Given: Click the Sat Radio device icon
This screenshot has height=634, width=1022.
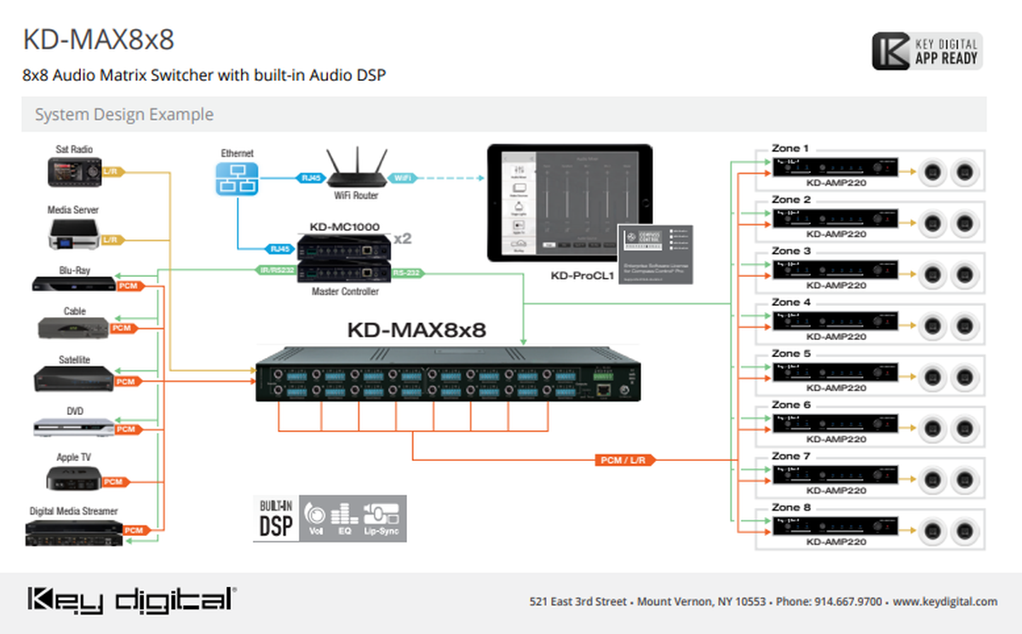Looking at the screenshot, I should pyautogui.click(x=74, y=173).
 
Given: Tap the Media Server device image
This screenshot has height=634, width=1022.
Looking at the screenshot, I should pyautogui.click(x=74, y=234).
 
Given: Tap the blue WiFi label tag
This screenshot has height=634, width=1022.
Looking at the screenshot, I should pyautogui.click(x=402, y=178).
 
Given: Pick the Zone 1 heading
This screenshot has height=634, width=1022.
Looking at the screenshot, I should pyautogui.click(x=790, y=148).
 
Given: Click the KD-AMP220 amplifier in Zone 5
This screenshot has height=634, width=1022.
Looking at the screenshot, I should pyautogui.click(x=835, y=376).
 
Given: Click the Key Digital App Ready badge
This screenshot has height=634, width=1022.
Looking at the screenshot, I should pyautogui.click(x=927, y=52).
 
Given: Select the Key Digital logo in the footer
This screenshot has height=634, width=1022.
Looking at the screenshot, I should pyautogui.click(x=131, y=600).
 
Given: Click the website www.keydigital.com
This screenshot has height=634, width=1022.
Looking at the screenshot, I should pyautogui.click(x=944, y=602).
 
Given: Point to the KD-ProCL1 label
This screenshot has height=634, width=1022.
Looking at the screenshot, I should pyautogui.click(x=582, y=276).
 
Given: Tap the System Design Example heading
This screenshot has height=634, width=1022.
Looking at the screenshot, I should pyautogui.click(x=124, y=114).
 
